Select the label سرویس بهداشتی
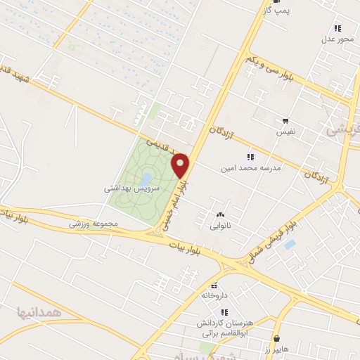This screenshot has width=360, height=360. [133, 188]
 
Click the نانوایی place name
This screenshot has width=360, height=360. [220, 226]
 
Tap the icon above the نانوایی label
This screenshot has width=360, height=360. [220, 215]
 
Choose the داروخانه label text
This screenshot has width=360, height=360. [216, 295]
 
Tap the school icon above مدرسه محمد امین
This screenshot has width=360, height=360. [249, 156]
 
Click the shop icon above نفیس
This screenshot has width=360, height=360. [285, 121]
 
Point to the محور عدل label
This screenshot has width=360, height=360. [337, 39]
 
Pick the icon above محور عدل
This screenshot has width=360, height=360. [337, 28]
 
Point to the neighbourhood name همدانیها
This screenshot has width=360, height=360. [38, 310]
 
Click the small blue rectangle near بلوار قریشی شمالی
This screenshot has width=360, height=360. [290, 246]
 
